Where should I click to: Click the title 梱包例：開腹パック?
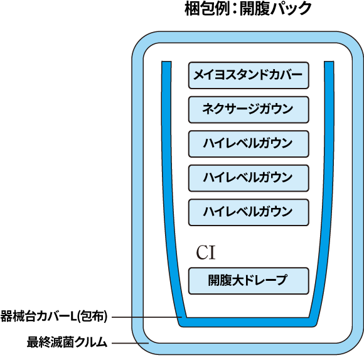point(248,8)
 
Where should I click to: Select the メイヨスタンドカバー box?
point(249,75)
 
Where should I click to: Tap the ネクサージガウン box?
point(249,110)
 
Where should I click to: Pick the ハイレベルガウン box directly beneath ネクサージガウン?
point(249,144)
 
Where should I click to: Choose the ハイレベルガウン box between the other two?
point(249,178)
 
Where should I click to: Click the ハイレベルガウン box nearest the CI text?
point(249,212)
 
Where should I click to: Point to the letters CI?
point(206,253)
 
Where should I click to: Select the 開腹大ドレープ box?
point(249,281)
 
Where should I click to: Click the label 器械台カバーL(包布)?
point(54,316)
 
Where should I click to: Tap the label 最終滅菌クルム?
point(67,342)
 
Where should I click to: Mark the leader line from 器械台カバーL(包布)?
point(147,317)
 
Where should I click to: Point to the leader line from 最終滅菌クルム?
point(131,343)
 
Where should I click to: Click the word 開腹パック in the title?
point(276,8)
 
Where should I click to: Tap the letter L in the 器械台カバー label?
point(73,317)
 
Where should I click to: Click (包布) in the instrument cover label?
point(92,316)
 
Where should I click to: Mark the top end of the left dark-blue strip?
point(166,62)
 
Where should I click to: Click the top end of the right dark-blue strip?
point(329,62)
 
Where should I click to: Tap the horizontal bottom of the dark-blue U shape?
point(248,322)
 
